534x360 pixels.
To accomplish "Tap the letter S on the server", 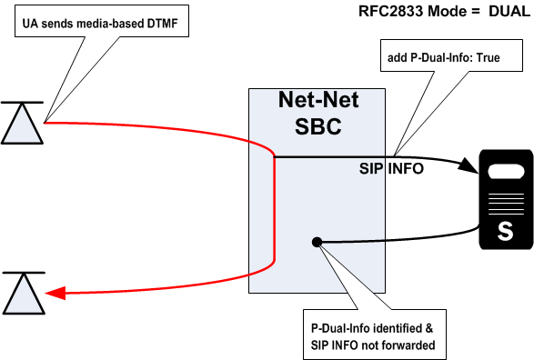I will [x=504, y=231].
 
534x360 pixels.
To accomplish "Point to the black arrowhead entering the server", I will [x=469, y=169].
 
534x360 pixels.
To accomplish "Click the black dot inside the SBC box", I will [x=317, y=242].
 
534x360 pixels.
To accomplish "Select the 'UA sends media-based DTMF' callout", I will [x=100, y=25].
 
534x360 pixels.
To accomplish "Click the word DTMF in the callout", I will [x=163, y=25].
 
